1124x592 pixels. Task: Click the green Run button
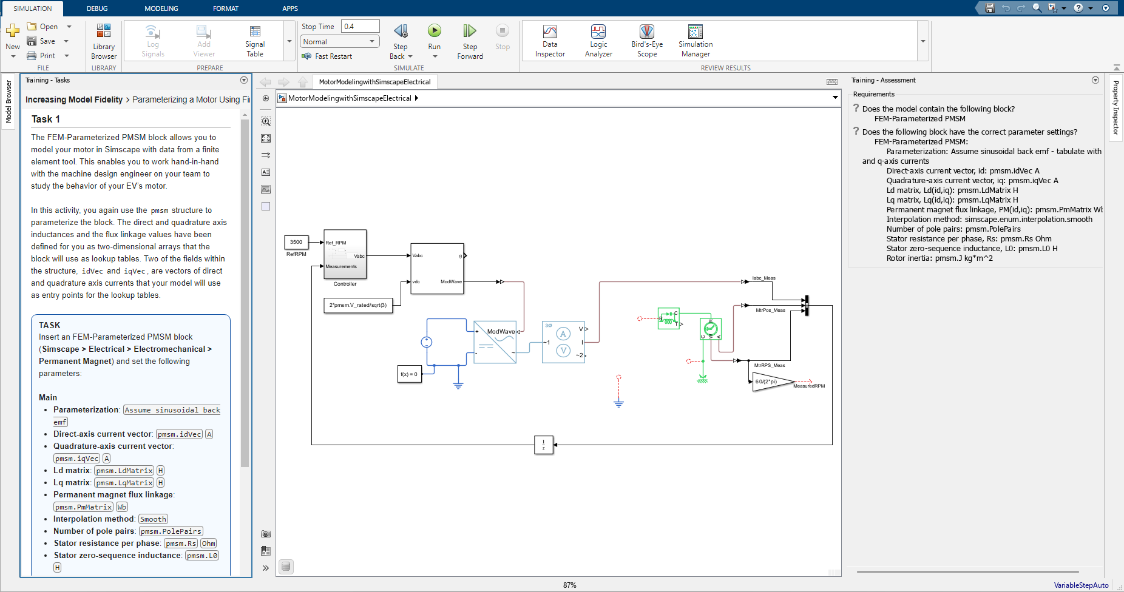coord(434,31)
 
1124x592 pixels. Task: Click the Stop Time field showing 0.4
coord(360,26)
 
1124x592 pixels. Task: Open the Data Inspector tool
coord(549,41)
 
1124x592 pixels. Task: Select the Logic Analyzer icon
coord(598,41)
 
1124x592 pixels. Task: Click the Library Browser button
coord(104,41)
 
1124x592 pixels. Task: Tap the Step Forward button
coord(470,41)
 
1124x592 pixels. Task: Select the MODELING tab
coord(161,8)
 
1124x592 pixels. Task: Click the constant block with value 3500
coord(296,242)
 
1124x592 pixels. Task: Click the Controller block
coord(345,254)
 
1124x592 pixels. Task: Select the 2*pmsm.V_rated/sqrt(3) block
coord(358,305)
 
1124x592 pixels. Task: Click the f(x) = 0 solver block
coord(409,374)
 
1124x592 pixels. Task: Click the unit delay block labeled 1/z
coord(543,445)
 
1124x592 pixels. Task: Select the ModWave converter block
coord(495,342)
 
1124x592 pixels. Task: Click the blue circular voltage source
coord(427,342)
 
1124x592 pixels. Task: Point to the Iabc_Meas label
coord(763,278)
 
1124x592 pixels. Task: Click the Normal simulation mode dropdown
coord(339,41)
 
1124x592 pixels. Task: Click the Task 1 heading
coord(46,119)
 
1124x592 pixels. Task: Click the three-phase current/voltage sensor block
coord(563,342)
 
